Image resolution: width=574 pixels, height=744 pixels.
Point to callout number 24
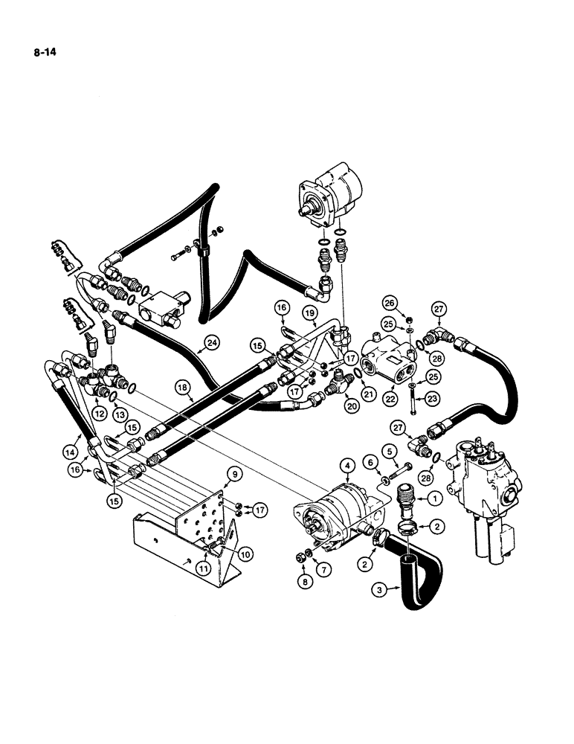[x=212, y=343]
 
